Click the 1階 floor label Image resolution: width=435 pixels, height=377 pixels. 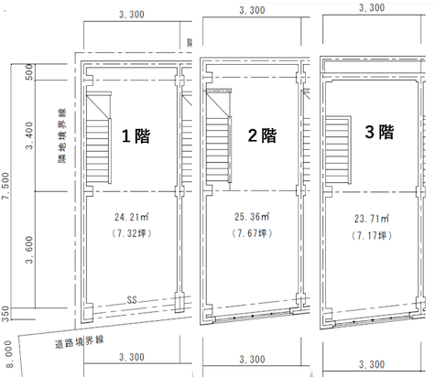(x=136, y=136)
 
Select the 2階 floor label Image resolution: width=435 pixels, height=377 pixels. (x=262, y=135)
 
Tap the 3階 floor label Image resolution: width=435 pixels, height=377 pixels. (x=379, y=132)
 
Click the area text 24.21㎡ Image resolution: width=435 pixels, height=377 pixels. (x=132, y=217)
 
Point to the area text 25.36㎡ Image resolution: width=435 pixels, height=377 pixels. (x=252, y=217)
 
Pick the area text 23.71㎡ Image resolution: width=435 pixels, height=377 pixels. (x=372, y=219)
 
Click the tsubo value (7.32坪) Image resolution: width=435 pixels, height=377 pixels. (x=132, y=233)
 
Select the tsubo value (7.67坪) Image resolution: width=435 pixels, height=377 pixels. (x=252, y=233)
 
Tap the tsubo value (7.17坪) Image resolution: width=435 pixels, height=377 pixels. (x=372, y=235)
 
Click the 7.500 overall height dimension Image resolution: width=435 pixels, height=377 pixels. (x=5, y=186)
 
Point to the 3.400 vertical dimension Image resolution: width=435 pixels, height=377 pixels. (x=29, y=135)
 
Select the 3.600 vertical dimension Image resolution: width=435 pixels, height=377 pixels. (x=29, y=250)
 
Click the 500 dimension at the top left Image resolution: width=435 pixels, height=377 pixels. (x=29, y=72)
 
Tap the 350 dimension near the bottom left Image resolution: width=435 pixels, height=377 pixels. (x=5, y=314)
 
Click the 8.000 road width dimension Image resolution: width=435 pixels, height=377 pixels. (x=8, y=354)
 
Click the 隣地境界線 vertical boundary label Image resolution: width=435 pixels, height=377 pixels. (x=62, y=136)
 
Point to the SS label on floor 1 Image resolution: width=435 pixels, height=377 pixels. (x=132, y=300)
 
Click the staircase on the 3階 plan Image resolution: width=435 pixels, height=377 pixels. (x=338, y=150)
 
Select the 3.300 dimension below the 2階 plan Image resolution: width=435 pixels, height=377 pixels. (x=252, y=360)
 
